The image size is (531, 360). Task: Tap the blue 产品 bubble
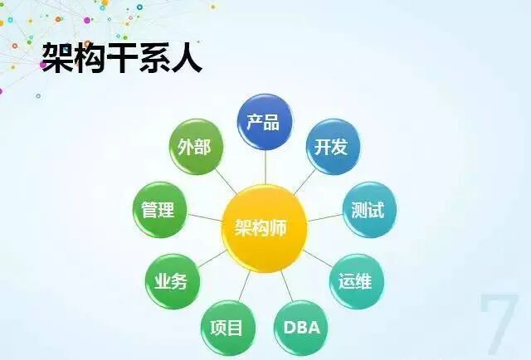(266, 122)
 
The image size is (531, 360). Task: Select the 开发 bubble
(330, 147)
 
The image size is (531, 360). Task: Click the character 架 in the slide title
(58, 59)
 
